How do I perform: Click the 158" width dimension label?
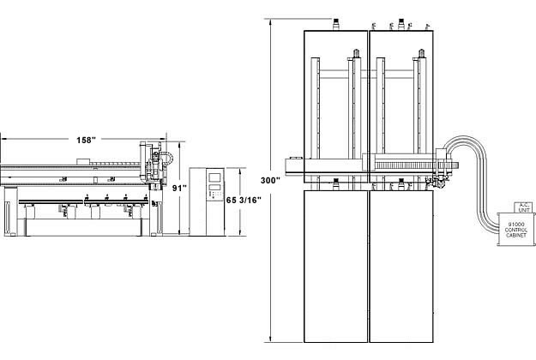click(x=84, y=140)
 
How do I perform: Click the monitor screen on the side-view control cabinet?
click(x=214, y=181)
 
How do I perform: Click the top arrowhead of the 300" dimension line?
click(x=272, y=20)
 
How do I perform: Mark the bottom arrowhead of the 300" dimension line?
click(x=272, y=340)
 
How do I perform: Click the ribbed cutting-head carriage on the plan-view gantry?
click(x=403, y=166)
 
